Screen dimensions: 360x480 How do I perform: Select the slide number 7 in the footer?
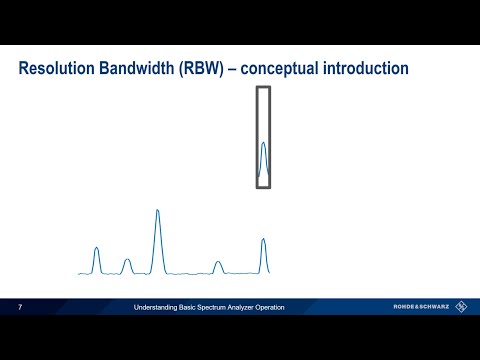click(x=21, y=307)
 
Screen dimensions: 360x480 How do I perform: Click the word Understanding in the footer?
click(x=157, y=307)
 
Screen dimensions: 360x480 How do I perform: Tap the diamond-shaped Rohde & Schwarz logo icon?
click(x=461, y=307)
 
